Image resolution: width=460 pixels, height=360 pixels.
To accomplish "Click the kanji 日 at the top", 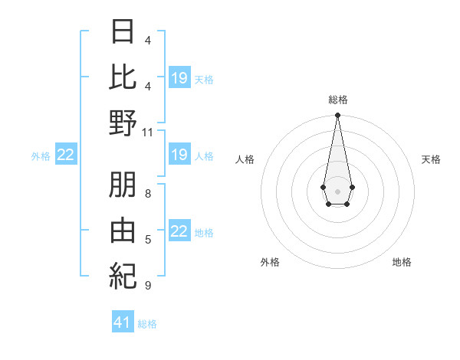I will pyautogui.click(x=123, y=33).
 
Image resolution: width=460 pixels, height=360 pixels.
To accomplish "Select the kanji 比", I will pyautogui.click(x=123, y=77).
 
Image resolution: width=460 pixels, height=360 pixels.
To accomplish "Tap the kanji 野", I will pyautogui.click(x=123, y=123).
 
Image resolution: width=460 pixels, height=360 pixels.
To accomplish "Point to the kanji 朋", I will pyautogui.click(x=123, y=186).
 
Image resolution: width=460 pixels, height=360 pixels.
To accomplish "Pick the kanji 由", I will pyautogui.click(x=123, y=231).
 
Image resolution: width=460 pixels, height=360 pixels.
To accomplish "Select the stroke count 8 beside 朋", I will pyautogui.click(x=147, y=195).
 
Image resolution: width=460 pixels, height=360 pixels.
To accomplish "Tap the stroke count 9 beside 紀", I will pyautogui.click(x=147, y=286).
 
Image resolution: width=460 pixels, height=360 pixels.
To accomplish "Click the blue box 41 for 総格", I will pyautogui.click(x=123, y=322).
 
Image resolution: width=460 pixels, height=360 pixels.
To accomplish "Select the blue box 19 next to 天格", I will pyautogui.click(x=179, y=78).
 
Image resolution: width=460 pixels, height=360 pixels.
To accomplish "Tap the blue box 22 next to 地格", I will pyautogui.click(x=179, y=231).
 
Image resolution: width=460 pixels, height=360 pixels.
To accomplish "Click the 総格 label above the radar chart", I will pyautogui.click(x=337, y=100).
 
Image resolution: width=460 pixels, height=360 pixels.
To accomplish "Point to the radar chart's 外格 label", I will pyautogui.click(x=270, y=262).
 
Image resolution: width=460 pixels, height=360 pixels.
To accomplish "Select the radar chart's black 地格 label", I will pyautogui.click(x=402, y=262).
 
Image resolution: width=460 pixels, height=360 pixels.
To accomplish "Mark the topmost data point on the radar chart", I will pyautogui.click(x=337, y=116).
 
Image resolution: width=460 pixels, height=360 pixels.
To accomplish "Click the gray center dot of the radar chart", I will pyautogui.click(x=337, y=190).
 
